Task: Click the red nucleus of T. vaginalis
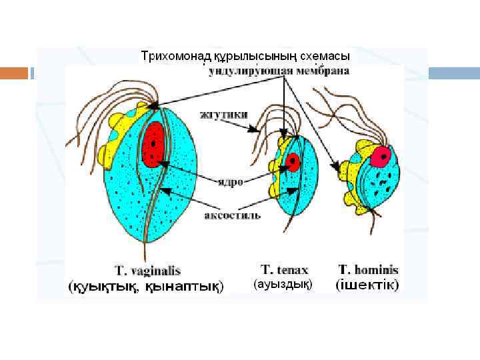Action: click(153, 143)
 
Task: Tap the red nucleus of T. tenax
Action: click(293, 162)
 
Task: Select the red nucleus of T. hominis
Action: click(381, 157)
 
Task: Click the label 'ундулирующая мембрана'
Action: click(279, 70)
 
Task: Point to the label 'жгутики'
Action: click(224, 114)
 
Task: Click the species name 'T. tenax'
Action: click(284, 270)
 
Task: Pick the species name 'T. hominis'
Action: click(368, 270)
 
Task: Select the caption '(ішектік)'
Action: click(367, 285)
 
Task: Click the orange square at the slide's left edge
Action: click(15, 73)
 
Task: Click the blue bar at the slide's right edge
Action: click(453, 73)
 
